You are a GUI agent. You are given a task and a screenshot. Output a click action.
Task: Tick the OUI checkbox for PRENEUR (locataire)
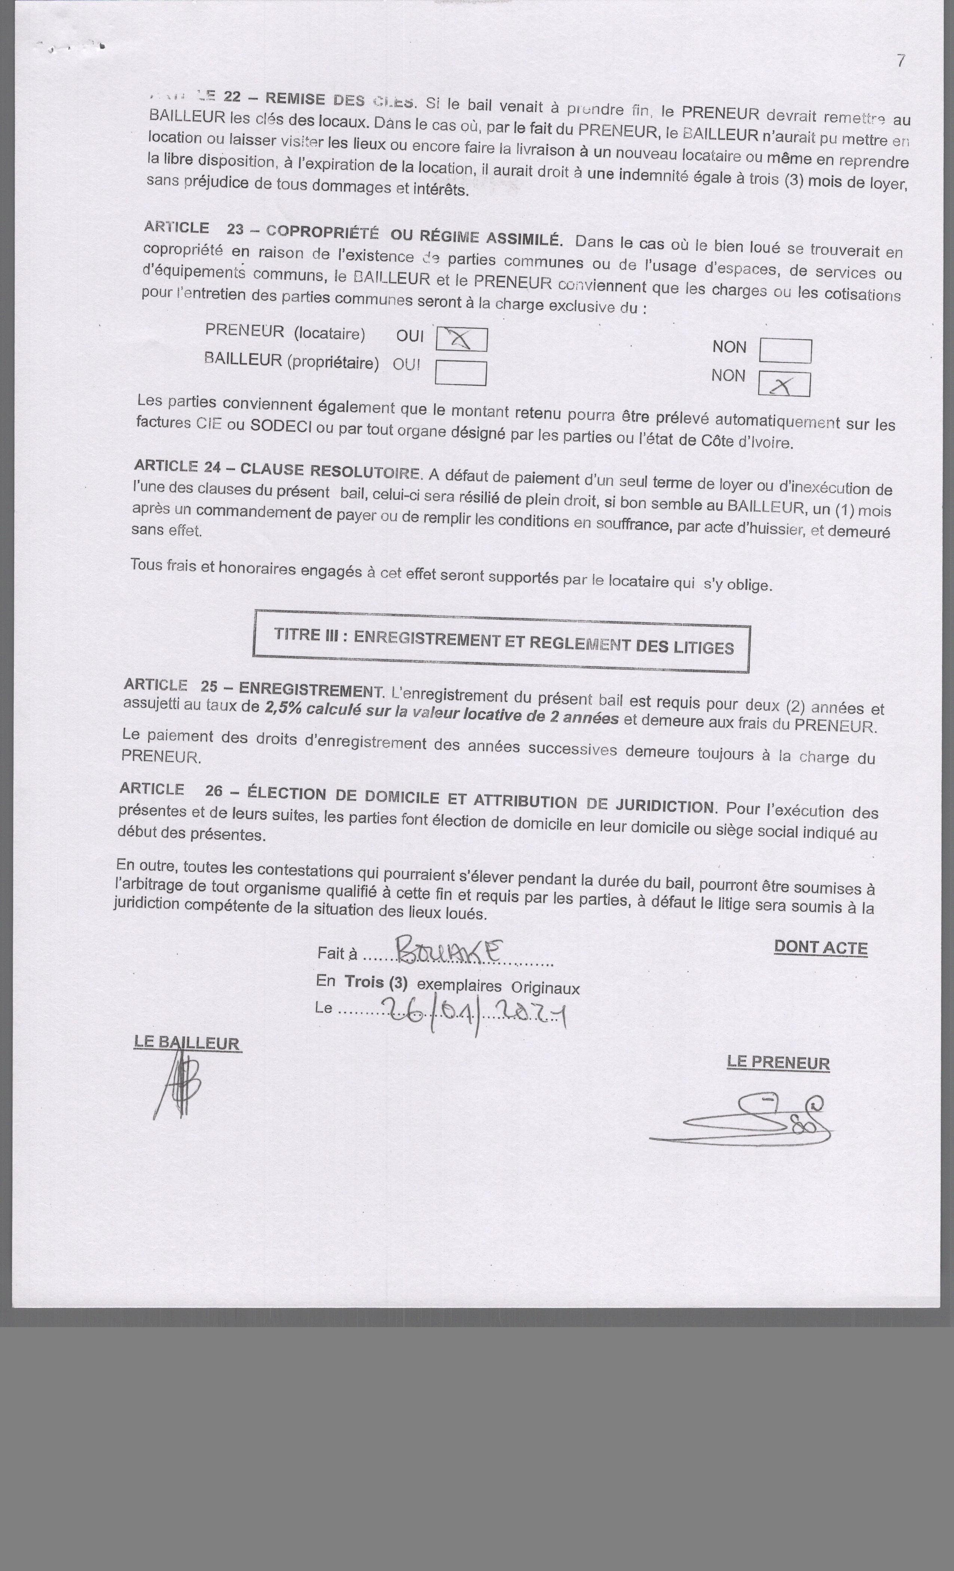tap(461, 339)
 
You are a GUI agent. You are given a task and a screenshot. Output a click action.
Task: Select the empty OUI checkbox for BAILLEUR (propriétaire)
tap(461, 373)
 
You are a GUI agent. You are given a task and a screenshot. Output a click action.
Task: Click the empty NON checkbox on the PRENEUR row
tap(786, 351)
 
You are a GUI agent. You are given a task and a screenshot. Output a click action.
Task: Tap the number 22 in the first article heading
tap(232, 96)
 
